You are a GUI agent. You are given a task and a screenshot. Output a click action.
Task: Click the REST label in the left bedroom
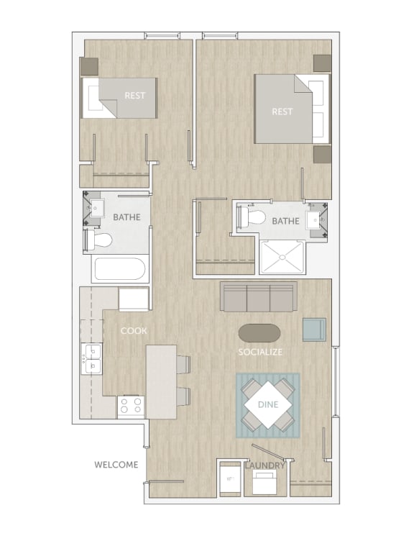click(x=135, y=95)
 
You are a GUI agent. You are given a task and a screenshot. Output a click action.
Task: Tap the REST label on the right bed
click(x=282, y=112)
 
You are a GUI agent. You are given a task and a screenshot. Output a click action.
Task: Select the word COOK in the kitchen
click(x=134, y=330)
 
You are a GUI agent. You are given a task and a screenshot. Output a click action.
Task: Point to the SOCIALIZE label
click(x=260, y=352)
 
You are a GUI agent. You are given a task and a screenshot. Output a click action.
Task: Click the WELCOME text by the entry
click(x=116, y=464)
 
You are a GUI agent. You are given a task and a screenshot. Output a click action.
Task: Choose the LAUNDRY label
click(x=265, y=465)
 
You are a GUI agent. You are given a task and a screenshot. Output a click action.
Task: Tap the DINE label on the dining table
click(x=267, y=405)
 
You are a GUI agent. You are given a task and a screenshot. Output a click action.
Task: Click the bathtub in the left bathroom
click(x=119, y=269)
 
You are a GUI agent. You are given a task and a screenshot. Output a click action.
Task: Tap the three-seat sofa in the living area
click(x=259, y=296)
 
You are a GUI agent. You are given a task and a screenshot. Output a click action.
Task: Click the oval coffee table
click(x=259, y=333)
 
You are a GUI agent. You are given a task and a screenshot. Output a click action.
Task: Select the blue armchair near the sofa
click(x=314, y=329)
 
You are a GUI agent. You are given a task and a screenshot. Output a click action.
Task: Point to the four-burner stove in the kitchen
click(x=132, y=406)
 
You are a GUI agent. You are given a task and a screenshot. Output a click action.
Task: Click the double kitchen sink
click(x=92, y=358)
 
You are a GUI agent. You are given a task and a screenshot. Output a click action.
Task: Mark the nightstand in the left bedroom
click(x=89, y=66)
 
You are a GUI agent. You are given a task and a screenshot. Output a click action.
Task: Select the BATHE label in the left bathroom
click(x=126, y=217)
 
